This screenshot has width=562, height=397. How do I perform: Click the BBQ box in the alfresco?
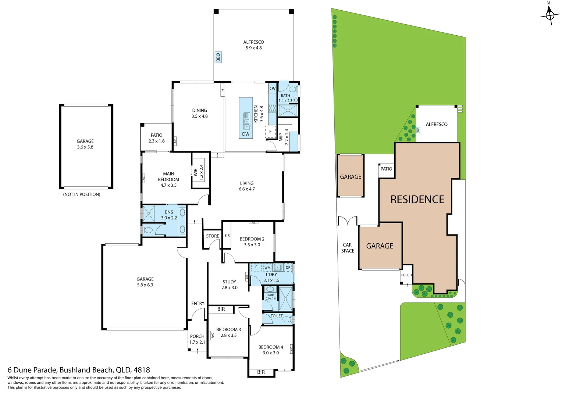pyautogui.click(x=218, y=57)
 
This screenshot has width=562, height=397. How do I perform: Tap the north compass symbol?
pyautogui.click(x=549, y=14)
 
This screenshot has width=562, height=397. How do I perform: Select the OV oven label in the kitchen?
pyautogui.click(x=272, y=89)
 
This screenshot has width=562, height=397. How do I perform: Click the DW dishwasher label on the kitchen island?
pyautogui.click(x=246, y=134)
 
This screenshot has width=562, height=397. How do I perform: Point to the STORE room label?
pyautogui.click(x=212, y=236)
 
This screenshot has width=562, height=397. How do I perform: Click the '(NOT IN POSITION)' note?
pyautogui.click(x=82, y=194)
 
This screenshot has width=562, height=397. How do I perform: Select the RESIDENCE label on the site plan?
pyautogui.click(x=417, y=200)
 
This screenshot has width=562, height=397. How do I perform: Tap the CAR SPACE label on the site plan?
pyautogui.click(x=348, y=248)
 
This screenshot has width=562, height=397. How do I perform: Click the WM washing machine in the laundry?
pyautogui.click(x=267, y=268)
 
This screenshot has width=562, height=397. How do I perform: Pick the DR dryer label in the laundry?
pyautogui.click(x=288, y=268)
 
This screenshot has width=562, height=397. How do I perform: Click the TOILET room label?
pyautogui.click(x=277, y=316)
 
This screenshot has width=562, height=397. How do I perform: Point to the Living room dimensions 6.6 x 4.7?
pyautogui.click(x=247, y=189)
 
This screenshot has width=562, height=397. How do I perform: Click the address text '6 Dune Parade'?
pyautogui.click(x=32, y=370)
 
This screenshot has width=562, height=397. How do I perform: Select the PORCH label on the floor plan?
pyautogui.click(x=197, y=336)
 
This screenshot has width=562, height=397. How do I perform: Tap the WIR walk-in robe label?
pyautogui.click(x=195, y=172)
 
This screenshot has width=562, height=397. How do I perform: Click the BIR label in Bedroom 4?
pyautogui.click(x=261, y=372)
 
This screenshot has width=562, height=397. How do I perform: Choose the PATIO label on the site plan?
pyautogui.click(x=386, y=169)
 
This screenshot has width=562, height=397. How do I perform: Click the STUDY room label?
pyautogui.click(x=229, y=282)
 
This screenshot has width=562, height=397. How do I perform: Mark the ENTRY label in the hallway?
pyautogui.click(x=198, y=304)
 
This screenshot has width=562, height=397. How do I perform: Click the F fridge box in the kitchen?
pyautogui.click(x=270, y=132)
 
